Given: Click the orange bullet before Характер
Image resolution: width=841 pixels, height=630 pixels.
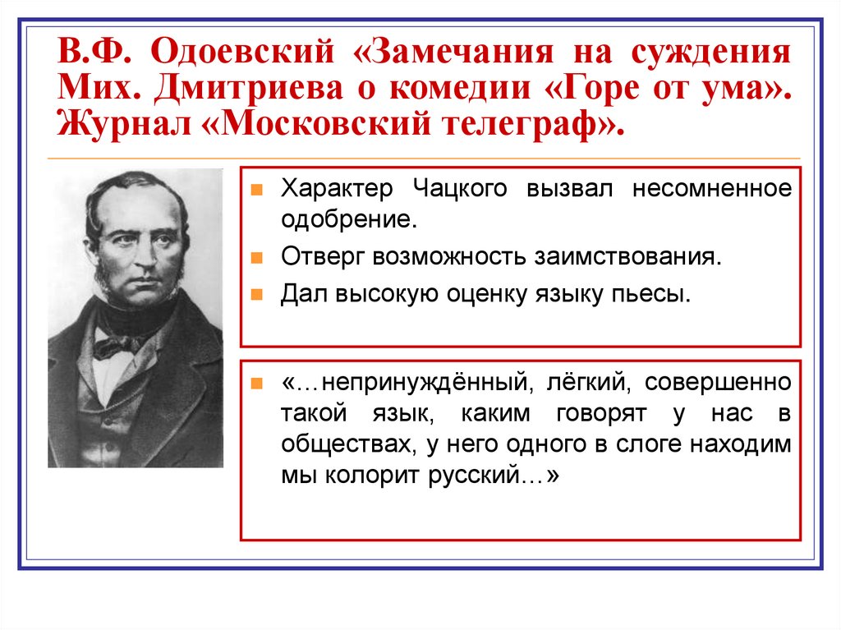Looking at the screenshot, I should (x=256, y=190).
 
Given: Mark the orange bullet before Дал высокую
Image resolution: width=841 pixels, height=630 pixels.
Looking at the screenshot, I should (x=256, y=293).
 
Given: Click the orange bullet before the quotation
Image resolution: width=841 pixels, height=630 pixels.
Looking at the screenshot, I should (x=256, y=384).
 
